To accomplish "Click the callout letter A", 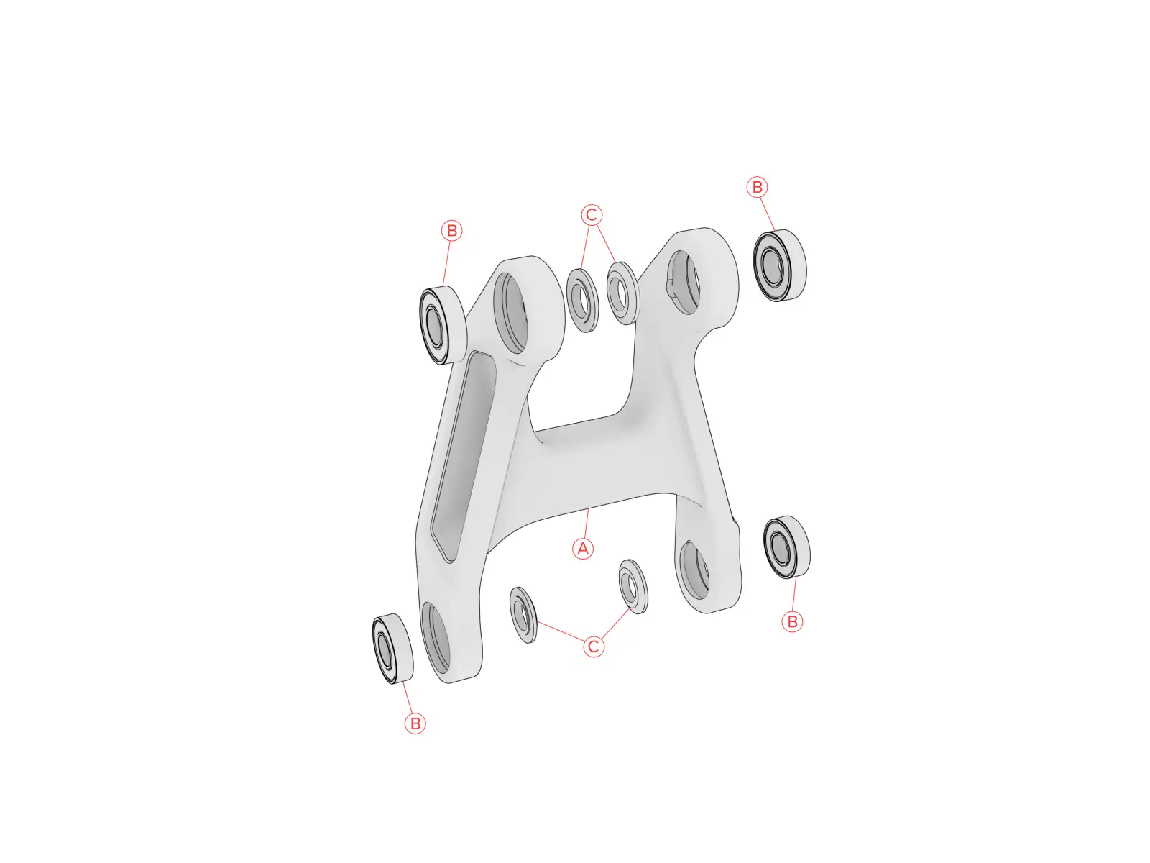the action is (582, 549).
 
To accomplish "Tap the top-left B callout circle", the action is (451, 231).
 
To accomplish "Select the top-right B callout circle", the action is (757, 187).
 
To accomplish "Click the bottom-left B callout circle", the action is (415, 723).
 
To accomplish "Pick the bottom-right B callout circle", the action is (791, 622).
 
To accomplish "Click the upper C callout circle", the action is (592, 215).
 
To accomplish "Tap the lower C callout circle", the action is (593, 647).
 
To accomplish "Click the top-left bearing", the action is (443, 325).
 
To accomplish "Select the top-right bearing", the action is (780, 265).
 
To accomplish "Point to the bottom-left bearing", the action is (392, 649).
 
